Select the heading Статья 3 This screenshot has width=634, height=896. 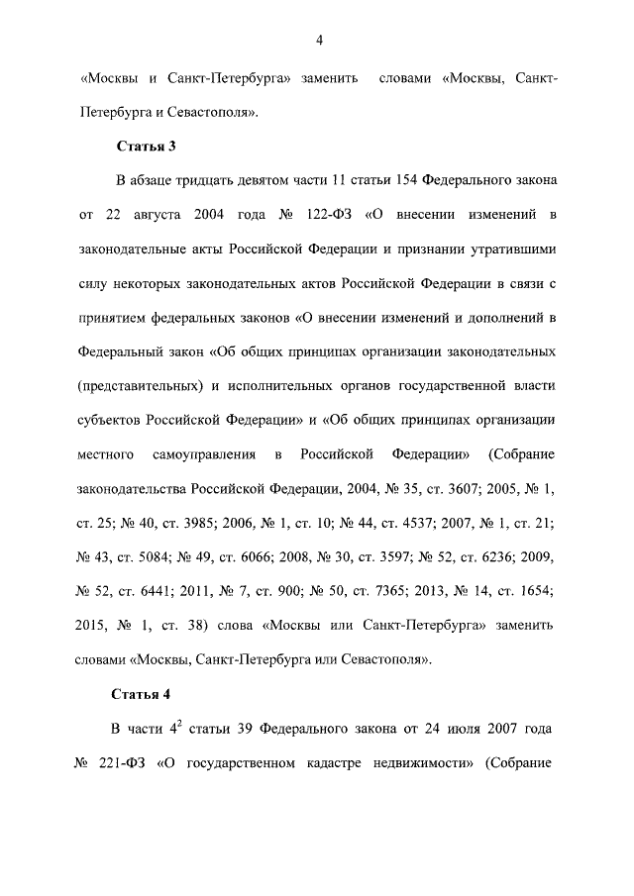click(x=147, y=147)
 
